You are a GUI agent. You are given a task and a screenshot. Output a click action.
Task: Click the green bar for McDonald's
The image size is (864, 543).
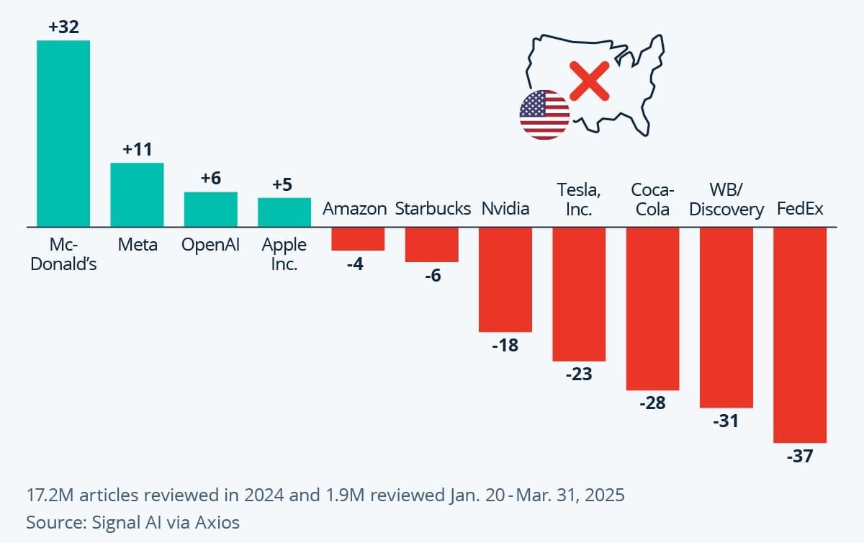tap(63, 133)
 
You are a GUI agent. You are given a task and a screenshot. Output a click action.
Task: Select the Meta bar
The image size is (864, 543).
tap(137, 194)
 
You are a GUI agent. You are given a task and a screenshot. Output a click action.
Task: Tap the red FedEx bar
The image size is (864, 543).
tap(800, 335)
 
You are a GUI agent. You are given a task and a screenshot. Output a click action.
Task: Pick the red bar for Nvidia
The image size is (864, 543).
tap(505, 279)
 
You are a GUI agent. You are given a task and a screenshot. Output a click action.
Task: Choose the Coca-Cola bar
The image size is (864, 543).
tap(652, 308)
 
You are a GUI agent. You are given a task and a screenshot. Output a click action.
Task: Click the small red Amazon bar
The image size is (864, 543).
tap(358, 239)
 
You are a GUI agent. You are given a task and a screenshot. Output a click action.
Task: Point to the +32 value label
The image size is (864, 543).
tap(63, 28)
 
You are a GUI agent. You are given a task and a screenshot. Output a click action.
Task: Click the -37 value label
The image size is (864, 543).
tap(800, 456)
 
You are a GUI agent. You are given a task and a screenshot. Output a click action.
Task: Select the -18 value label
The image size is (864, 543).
tap(505, 345)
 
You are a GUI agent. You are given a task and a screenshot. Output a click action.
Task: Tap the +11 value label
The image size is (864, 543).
tap(137, 151)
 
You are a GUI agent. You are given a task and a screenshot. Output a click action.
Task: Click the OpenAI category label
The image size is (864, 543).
tap(211, 245)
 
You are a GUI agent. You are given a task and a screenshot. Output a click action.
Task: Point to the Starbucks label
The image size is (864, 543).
tap(432, 209)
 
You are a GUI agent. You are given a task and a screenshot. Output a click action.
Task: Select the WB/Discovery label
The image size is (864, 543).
tap(726, 199)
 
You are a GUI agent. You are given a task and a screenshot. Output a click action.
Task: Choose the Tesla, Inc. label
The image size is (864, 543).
tap(579, 199)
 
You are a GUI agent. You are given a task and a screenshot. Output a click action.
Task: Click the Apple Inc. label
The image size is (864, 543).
tap(284, 254)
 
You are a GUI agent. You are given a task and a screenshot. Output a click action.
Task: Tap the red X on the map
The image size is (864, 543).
tap(590, 80)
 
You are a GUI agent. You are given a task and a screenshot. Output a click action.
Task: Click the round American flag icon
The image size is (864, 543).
tap(544, 115)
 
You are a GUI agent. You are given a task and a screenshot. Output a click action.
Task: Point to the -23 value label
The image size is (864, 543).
tap(579, 374)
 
